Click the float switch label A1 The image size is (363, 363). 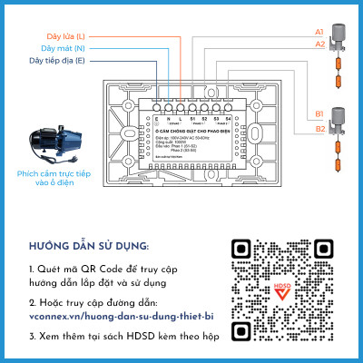tap(319, 32)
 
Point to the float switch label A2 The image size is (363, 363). tap(319, 44)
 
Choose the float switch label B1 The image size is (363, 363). tap(319, 113)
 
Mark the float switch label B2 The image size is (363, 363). tap(319, 129)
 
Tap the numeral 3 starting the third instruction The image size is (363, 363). tap(31, 336)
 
